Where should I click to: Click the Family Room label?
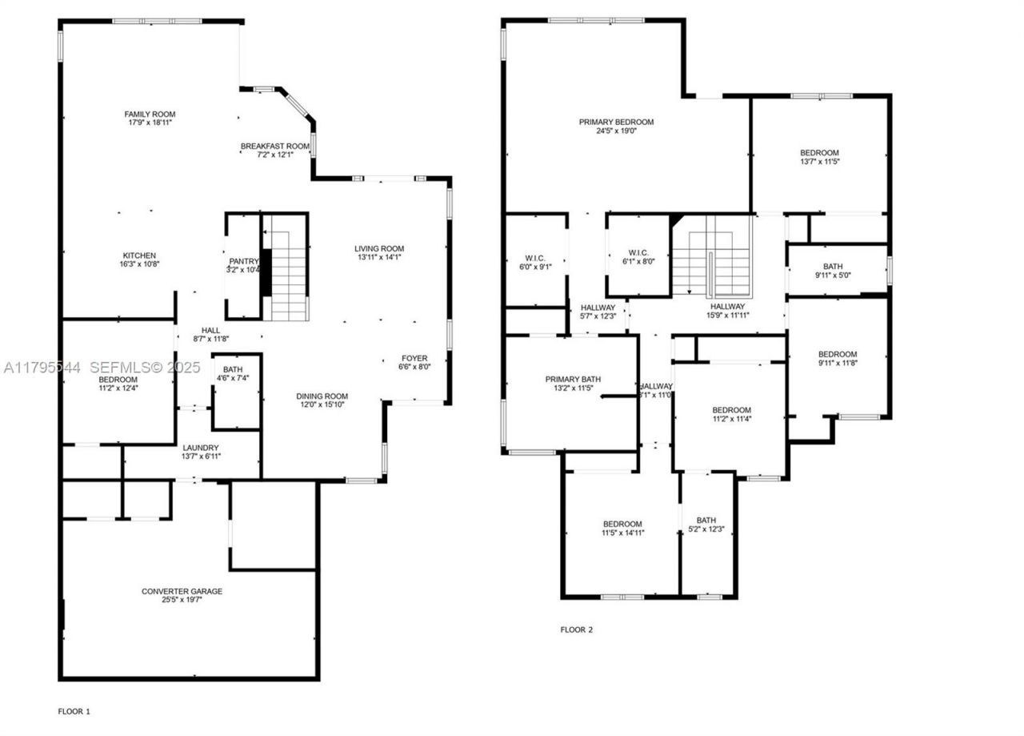(x=150, y=115)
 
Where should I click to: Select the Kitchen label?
(x=139, y=255)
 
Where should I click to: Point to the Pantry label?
(x=244, y=261)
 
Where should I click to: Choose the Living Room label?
(x=379, y=248)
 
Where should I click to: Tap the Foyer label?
(x=414, y=358)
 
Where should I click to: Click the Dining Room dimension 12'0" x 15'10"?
(x=322, y=405)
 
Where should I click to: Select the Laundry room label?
(x=201, y=448)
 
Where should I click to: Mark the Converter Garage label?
(x=182, y=591)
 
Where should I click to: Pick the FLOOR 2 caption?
(x=576, y=629)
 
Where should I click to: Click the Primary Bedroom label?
(x=616, y=122)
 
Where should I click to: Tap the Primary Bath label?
(x=573, y=379)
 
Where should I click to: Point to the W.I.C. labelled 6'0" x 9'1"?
(x=534, y=258)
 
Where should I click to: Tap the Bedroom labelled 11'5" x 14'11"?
(x=622, y=524)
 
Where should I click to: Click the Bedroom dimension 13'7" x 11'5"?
(x=819, y=161)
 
